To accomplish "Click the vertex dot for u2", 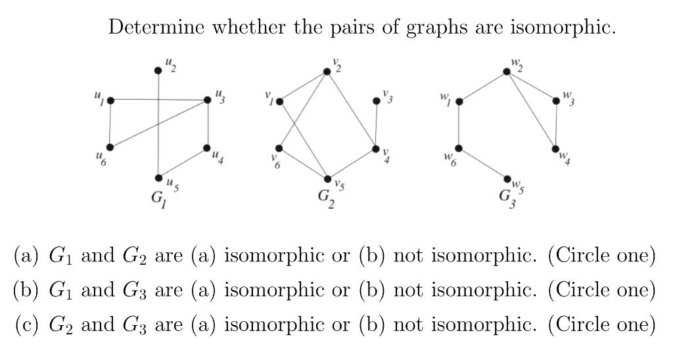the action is [158, 71].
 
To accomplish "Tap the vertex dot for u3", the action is [208, 100].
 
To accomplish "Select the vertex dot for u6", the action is [110, 147].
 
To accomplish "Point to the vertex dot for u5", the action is [158, 178].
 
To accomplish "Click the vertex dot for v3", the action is [377, 101].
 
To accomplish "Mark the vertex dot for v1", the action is [279, 101].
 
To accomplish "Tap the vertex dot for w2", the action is [507, 71].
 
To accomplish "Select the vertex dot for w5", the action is [507, 179].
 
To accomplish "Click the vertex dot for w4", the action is [556, 148].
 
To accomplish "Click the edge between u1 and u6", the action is [110, 124].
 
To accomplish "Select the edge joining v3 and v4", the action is [377, 125].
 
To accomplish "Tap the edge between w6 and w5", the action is [483, 164].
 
